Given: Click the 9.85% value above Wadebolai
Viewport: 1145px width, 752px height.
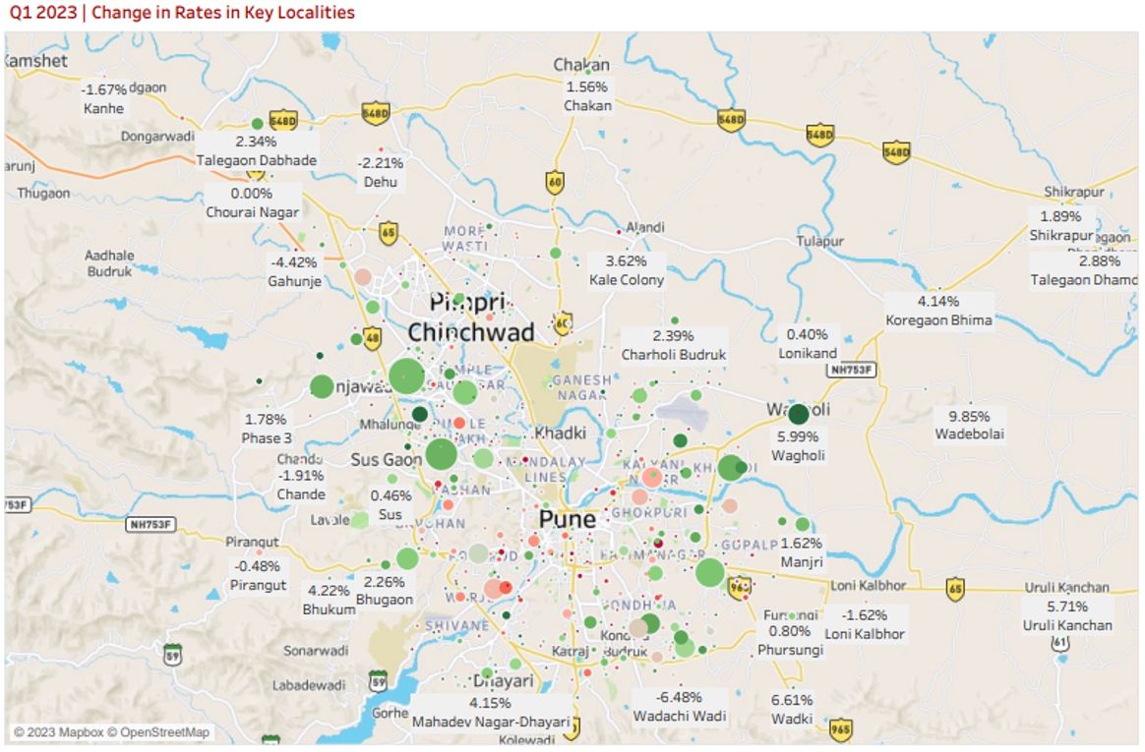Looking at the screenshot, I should point(969,416).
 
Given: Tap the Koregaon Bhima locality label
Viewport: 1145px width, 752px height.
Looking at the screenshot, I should point(937,319).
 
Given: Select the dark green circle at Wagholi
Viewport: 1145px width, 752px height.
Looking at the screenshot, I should point(799,414).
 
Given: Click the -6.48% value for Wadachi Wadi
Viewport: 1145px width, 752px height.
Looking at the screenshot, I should point(680,697).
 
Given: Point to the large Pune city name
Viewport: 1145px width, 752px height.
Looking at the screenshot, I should point(567,519).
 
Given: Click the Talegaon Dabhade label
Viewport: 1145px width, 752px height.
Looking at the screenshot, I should point(256,159).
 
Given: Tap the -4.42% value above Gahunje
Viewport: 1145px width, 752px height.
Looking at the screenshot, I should point(294,262).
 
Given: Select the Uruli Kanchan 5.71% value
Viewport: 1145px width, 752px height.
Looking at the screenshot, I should point(1066,607).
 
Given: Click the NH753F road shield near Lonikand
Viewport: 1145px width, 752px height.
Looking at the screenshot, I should point(851,370).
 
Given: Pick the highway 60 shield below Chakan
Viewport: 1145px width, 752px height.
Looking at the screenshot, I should point(555,182).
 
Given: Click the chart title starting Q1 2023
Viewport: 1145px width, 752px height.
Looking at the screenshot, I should point(182,13).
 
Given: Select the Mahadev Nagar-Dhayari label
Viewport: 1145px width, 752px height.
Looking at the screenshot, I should point(490,722).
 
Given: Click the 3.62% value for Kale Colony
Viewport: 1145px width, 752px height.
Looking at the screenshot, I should point(627,261).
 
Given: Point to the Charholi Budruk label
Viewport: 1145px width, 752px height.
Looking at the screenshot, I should point(674,354).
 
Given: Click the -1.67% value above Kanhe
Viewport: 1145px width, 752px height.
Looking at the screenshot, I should point(103,89).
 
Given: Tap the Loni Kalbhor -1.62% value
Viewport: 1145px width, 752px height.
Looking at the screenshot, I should point(865,615).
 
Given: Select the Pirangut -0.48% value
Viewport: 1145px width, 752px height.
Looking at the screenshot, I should point(258,566).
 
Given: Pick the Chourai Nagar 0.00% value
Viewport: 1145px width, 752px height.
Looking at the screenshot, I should point(252,194).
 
